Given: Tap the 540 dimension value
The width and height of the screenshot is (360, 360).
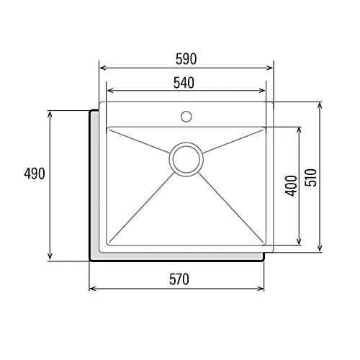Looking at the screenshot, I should (x=185, y=82).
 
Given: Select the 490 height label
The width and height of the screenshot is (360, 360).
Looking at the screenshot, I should (x=34, y=174).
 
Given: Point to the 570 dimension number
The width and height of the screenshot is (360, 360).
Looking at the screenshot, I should (x=177, y=280).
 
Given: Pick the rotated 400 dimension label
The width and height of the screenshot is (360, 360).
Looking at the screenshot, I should (x=290, y=186).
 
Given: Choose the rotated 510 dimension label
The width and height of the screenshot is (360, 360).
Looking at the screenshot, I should (x=310, y=177).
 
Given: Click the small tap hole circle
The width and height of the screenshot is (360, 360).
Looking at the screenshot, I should (x=186, y=115).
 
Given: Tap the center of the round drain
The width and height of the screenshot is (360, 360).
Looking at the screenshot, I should (x=186, y=158).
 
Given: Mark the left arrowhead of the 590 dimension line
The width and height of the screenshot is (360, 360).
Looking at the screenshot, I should (x=102, y=68).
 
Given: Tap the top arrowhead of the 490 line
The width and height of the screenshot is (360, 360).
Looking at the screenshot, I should (x=49, y=114).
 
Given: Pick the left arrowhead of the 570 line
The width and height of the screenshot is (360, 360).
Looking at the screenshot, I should (x=92, y=289).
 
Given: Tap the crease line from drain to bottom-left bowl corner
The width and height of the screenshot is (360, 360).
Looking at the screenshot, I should (x=144, y=205).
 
